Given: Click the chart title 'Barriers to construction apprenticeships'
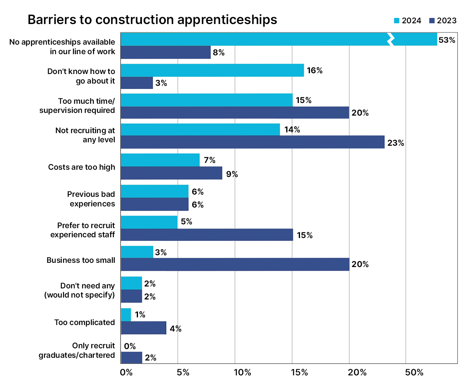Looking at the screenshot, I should click(152, 20).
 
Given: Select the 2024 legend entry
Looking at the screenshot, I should click(407, 21).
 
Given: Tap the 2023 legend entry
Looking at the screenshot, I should click(443, 21).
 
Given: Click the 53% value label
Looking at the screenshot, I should click(447, 40).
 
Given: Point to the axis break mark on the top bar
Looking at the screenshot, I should click(390, 39).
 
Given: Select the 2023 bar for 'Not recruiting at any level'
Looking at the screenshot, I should click(252, 142).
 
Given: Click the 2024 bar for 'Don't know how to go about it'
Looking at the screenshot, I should click(212, 70).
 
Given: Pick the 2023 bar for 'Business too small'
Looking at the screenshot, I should click(235, 264).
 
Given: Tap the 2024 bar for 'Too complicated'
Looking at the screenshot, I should click(126, 315).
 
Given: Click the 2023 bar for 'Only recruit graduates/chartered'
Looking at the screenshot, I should click(131, 357).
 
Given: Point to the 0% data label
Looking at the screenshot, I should click(130, 346).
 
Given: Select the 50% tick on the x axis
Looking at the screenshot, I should click(414, 372).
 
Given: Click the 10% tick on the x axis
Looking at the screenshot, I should click(242, 372).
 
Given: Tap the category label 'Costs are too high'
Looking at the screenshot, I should click(82, 167).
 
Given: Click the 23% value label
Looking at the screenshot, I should click(395, 143).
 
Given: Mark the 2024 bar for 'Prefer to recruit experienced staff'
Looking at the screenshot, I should click(149, 222).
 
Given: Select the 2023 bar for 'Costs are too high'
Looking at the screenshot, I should click(171, 173).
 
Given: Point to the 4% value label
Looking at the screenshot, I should click(175, 329).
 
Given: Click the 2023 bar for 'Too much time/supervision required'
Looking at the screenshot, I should click(235, 113).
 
